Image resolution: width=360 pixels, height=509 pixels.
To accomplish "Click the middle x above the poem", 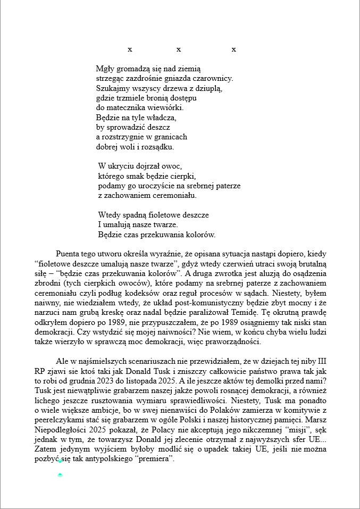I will [x=179, y=49].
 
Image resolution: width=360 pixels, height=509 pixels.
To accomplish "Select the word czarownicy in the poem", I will [x=215, y=78].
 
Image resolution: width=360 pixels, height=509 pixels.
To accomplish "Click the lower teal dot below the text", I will [x=60, y=475].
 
